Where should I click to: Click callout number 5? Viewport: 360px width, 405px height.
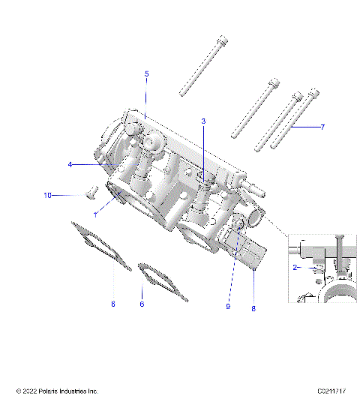tap(146, 73)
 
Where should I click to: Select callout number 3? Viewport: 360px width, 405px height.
tap(203, 121)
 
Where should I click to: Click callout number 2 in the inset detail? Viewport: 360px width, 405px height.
tap(296, 266)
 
